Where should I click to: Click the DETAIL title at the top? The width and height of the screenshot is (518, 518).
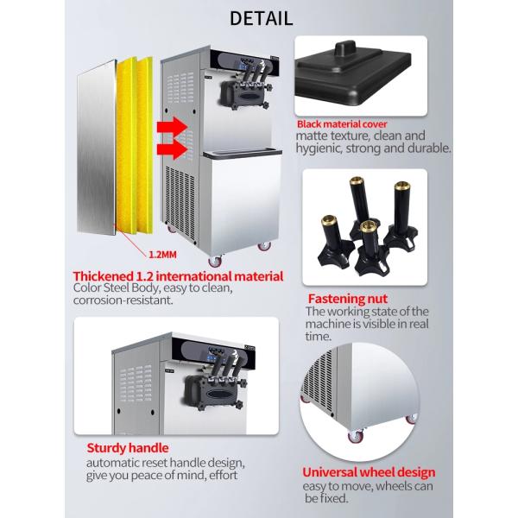(258, 16)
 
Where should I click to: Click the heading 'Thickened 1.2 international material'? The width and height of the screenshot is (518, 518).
(178, 277)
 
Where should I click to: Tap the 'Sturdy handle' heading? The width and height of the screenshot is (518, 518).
(127, 448)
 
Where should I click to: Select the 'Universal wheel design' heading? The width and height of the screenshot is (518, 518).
(368, 472)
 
